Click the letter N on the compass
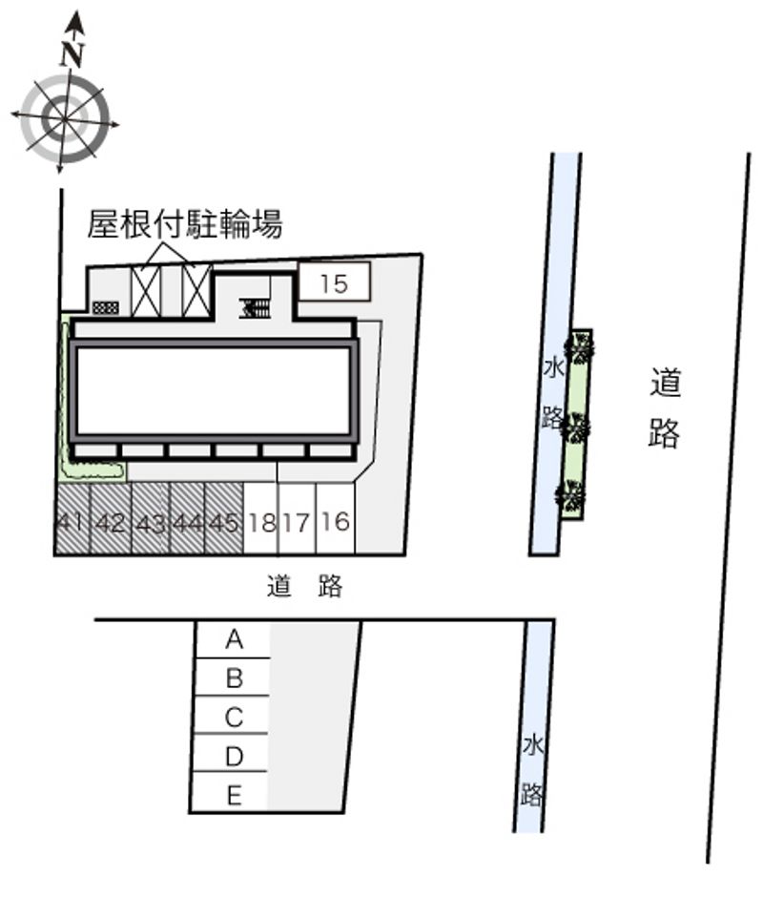pyautogui.click(x=72, y=54)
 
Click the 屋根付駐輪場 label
pyautogui.click(x=185, y=223)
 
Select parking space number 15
pyautogui.click(x=335, y=282)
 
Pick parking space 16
pyautogui.click(x=335, y=519)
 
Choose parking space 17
pyautogui.click(x=297, y=519)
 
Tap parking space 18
pyautogui.click(x=261, y=519)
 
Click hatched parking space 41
pyautogui.click(x=72, y=519)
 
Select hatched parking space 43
pyautogui.click(x=151, y=519)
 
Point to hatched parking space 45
pyautogui.click(x=224, y=519)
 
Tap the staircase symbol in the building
pyautogui.click(x=255, y=308)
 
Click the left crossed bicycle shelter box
pyautogui.click(x=147, y=292)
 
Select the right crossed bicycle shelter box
pyautogui.click(x=196, y=291)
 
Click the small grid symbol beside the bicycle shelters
pyautogui.click(x=106, y=308)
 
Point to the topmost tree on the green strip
pyautogui.click(x=579, y=346)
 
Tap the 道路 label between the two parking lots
pyautogui.click(x=304, y=586)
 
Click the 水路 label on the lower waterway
pyautogui.click(x=532, y=770)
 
